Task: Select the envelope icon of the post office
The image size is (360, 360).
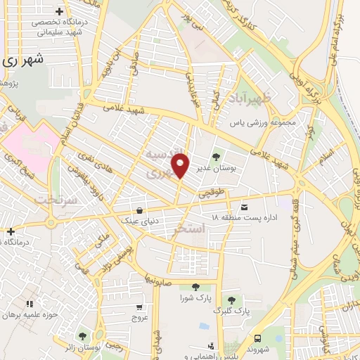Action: (x=244, y=207)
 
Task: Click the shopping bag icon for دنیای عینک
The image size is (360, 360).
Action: (x=140, y=210)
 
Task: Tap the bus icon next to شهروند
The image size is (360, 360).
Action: (x=257, y=338)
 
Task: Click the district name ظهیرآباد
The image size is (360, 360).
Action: (x=250, y=96)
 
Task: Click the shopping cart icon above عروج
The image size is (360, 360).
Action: (x=139, y=307)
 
